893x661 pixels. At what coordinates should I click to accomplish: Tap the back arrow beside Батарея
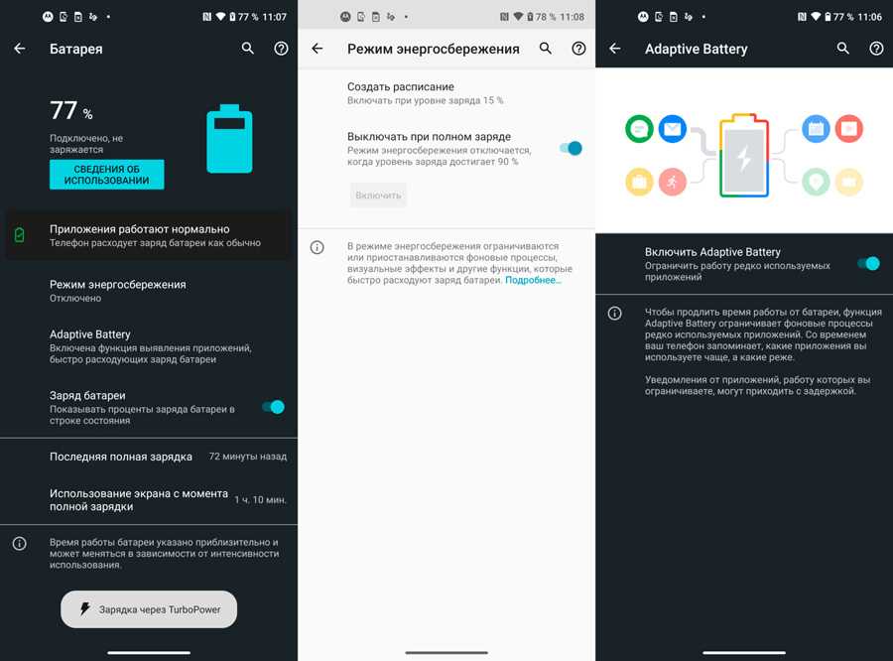[x=20, y=49]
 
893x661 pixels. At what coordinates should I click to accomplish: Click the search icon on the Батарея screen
[x=248, y=49]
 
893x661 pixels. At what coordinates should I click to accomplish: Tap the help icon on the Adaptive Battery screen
[x=876, y=49]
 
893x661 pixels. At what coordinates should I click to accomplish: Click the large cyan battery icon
[x=229, y=139]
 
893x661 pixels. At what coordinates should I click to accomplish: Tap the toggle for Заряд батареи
[x=274, y=407]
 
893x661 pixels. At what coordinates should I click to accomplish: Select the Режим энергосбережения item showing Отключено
[x=118, y=291]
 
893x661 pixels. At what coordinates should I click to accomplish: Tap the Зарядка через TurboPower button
[x=149, y=609]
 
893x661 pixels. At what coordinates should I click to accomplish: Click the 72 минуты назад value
[x=248, y=457]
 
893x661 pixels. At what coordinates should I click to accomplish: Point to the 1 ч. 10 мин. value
[x=260, y=500]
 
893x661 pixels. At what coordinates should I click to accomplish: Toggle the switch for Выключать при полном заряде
[x=571, y=148]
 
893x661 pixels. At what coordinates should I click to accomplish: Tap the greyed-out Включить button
[x=378, y=196]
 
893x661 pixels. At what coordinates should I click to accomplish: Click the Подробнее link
[x=533, y=280]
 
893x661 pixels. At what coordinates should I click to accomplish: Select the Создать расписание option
[x=426, y=93]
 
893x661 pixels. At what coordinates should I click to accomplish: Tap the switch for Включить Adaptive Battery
[x=868, y=263]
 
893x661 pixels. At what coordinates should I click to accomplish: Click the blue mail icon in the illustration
[x=673, y=129]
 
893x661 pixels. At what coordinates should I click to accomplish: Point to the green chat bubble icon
[x=639, y=129]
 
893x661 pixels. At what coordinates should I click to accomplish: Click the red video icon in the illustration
[x=849, y=129]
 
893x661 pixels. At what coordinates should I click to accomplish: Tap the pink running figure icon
[x=673, y=182]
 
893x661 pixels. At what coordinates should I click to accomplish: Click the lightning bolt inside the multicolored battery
[x=744, y=158]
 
